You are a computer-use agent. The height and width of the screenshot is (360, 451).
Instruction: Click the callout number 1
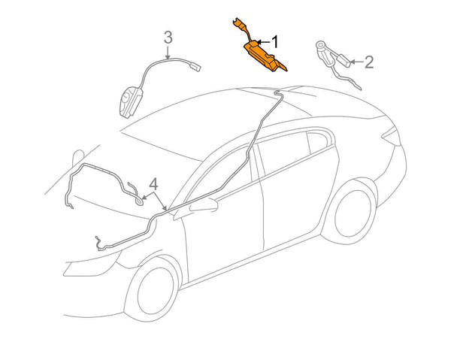tap(275, 42)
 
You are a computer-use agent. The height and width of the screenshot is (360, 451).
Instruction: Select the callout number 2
tap(369, 62)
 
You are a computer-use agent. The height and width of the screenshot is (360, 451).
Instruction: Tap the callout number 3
tap(168, 38)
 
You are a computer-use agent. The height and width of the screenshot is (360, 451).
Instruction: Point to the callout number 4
tap(153, 184)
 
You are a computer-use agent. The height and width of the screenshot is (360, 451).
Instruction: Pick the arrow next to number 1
tap(264, 43)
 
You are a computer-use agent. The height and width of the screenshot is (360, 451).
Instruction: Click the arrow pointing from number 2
tap(357, 62)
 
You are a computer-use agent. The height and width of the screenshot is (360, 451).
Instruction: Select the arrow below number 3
tap(168, 53)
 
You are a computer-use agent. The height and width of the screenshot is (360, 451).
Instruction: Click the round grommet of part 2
tap(320, 45)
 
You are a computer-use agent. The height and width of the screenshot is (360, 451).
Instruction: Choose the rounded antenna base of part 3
tap(130, 102)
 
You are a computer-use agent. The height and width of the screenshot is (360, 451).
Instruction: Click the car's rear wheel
tap(353, 213)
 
